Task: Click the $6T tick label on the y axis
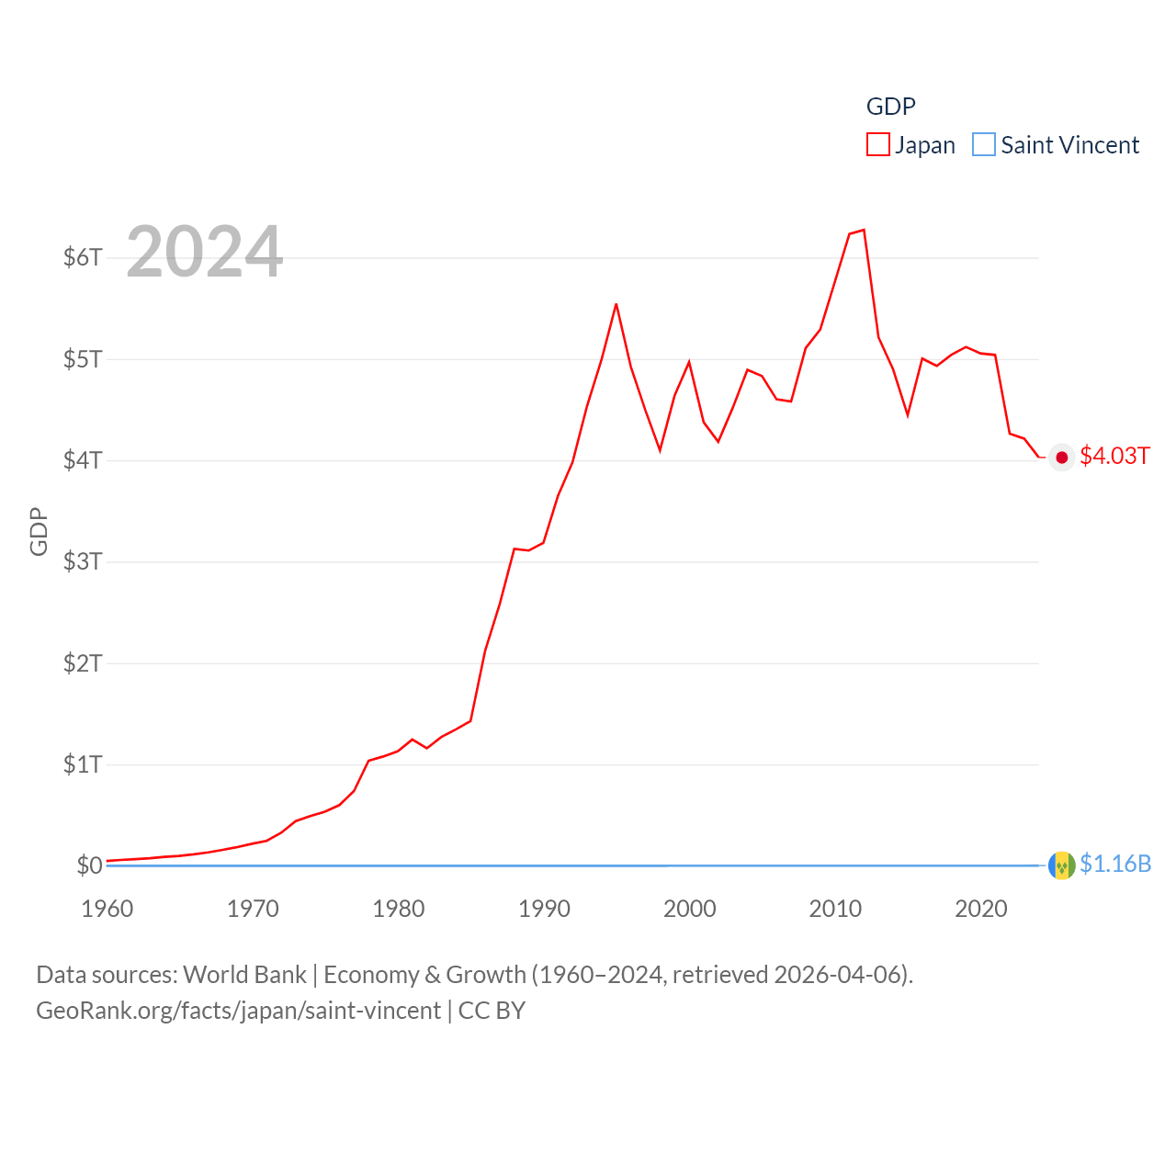point(83,257)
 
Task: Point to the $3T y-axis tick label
point(83,561)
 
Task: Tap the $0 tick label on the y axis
point(89,865)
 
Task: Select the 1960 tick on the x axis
point(107,909)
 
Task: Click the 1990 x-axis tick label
point(544,909)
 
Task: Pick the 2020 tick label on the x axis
point(981,909)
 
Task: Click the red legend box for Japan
point(878,145)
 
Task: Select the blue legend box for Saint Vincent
point(984,145)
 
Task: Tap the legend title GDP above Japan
point(890,107)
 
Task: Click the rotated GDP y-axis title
point(39,531)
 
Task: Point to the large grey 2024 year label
point(204,252)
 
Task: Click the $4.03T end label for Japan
point(1114,457)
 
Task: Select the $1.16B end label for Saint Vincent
point(1115,865)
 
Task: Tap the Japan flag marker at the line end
point(1062,458)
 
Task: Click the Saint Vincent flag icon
point(1062,865)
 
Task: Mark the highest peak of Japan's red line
point(864,230)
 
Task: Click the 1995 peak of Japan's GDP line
point(616,304)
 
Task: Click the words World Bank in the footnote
point(245,975)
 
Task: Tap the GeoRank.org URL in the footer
point(238,1011)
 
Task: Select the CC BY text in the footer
point(492,1011)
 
